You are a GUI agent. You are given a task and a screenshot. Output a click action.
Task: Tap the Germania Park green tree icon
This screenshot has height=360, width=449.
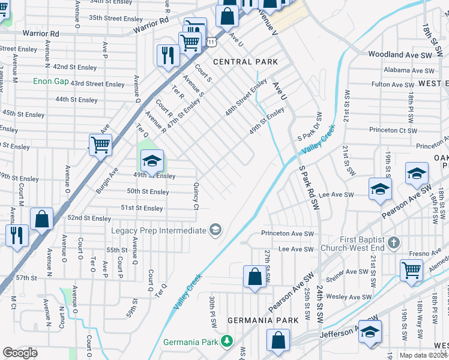click(227, 341)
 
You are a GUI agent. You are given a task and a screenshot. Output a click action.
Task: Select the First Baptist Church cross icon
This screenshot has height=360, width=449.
click(393, 243)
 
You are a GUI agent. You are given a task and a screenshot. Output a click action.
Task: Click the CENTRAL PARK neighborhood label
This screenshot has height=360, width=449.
click(246, 62)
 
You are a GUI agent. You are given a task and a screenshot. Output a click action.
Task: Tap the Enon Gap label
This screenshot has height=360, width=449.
click(50, 81)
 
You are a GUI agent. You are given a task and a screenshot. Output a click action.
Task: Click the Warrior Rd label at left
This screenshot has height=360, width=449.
click(41, 34)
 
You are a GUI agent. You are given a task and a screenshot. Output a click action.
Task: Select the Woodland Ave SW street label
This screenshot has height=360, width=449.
click(400, 55)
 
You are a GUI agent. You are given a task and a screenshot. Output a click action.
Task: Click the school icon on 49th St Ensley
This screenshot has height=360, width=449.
click(152, 161)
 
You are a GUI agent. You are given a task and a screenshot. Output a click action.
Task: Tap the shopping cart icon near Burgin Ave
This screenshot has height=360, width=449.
click(100, 145)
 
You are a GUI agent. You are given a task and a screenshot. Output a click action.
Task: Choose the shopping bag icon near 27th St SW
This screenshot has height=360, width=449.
click(255, 277)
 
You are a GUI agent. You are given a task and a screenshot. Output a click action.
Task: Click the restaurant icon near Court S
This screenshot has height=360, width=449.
click(167, 55)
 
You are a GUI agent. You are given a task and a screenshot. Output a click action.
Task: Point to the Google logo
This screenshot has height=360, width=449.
click(20, 353)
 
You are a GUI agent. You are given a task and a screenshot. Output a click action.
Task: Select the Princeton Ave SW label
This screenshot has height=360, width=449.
click(288, 233)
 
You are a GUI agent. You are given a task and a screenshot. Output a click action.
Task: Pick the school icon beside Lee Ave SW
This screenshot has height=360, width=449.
click(379, 190)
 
